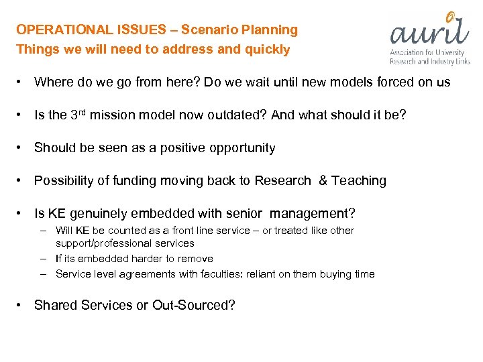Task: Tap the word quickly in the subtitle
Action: (267, 50)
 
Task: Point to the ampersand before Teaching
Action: (323, 181)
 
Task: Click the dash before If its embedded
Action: (42, 259)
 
